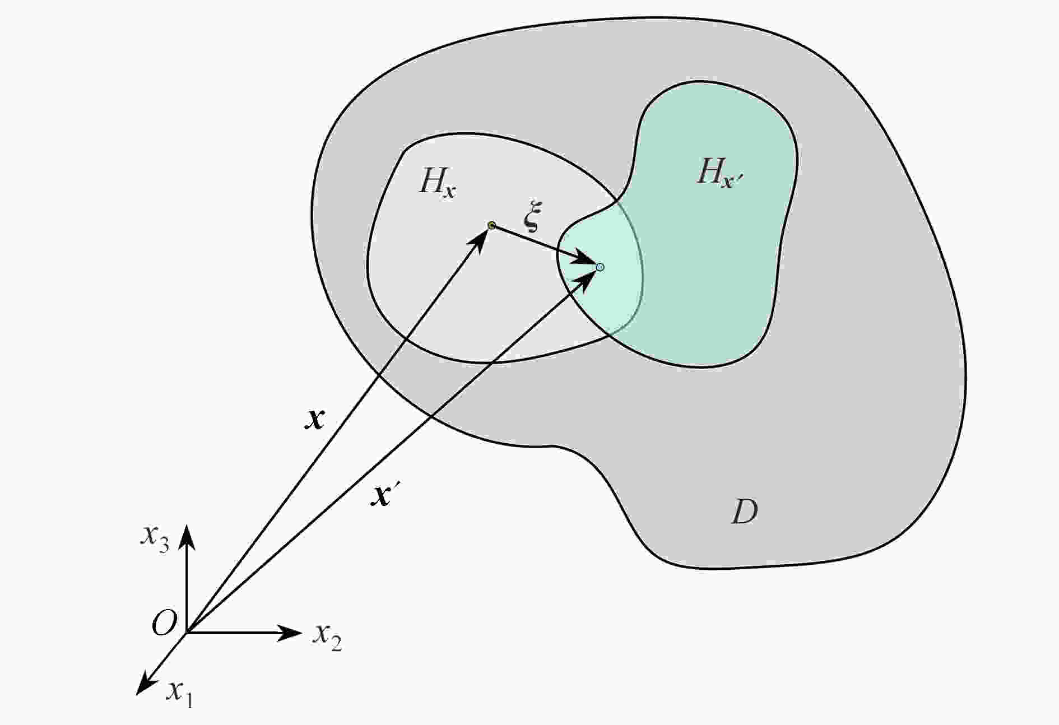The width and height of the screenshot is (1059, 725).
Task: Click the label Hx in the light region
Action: click(x=437, y=182)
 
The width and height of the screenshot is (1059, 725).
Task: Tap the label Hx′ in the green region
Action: click(x=720, y=173)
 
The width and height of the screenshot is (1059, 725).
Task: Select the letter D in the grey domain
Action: click(x=745, y=510)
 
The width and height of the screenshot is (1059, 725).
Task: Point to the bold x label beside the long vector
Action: click(x=314, y=418)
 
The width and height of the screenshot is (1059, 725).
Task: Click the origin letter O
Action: click(x=164, y=622)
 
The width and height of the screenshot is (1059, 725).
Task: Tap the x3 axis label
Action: click(x=155, y=537)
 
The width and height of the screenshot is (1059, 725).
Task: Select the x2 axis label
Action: click(x=327, y=636)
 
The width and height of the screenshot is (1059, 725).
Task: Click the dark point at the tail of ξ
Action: click(x=491, y=225)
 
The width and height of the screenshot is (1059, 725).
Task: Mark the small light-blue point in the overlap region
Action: click(x=600, y=267)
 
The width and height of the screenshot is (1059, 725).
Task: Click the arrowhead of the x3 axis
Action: click(x=187, y=535)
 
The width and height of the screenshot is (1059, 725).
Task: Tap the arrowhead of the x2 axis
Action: click(x=291, y=633)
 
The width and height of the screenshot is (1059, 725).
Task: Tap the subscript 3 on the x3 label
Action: click(x=164, y=545)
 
